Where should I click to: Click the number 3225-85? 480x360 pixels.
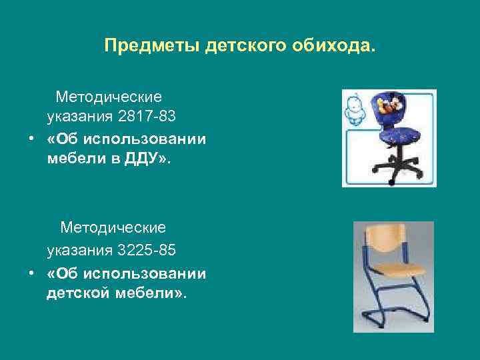coord(147,251)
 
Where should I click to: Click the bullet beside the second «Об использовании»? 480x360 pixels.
coord(30,273)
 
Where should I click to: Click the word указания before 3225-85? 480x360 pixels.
coord(79,251)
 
